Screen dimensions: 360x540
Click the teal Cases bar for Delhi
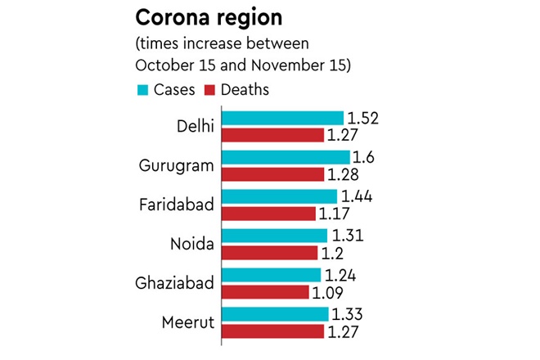point(281,119)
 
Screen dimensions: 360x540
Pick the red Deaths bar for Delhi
point(272,134)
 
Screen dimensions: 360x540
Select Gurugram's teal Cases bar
point(285,157)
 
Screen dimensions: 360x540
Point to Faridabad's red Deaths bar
point(268,213)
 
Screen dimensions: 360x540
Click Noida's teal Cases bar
point(273,236)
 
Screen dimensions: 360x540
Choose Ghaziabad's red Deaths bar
point(264,291)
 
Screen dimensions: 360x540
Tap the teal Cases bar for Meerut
point(274,314)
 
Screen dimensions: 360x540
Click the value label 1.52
point(363,118)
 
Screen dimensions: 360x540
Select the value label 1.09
point(330,291)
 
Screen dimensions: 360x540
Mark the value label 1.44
point(357,196)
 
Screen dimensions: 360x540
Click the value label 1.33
point(347,314)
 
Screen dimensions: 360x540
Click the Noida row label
point(191,245)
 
